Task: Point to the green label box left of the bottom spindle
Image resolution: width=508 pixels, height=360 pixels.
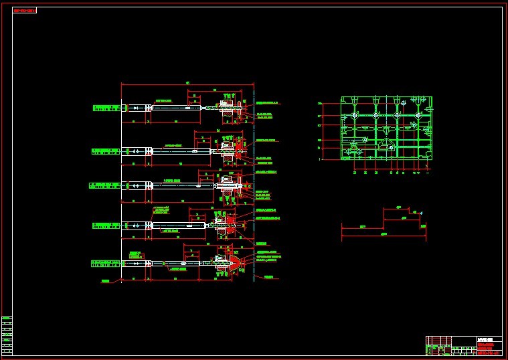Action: click(x=105, y=263)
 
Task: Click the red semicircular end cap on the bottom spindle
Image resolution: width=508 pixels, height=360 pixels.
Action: click(x=236, y=264)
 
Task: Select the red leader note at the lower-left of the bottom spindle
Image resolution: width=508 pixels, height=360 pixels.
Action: click(x=106, y=282)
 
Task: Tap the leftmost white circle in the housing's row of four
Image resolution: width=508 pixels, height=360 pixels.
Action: click(x=353, y=116)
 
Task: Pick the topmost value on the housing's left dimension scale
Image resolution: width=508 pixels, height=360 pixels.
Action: click(x=320, y=104)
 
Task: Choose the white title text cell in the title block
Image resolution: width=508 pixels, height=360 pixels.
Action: click(x=489, y=339)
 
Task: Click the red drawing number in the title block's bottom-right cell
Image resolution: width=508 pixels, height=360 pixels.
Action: click(x=489, y=352)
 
